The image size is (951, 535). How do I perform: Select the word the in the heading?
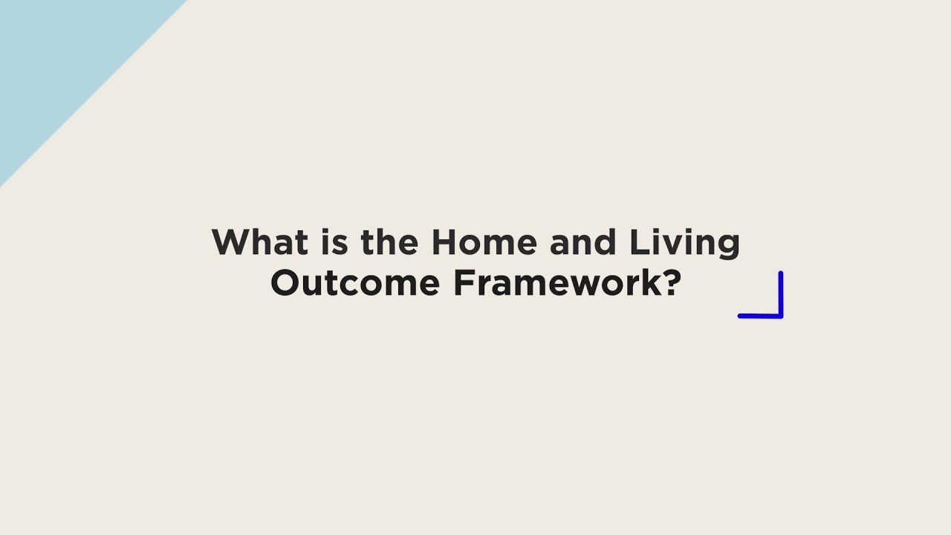point(390,242)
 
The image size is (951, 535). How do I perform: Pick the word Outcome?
point(355,283)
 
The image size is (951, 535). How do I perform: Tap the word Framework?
point(556,283)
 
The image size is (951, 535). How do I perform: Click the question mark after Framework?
point(672,283)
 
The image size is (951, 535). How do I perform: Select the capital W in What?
point(231,242)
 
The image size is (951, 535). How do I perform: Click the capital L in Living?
point(638,242)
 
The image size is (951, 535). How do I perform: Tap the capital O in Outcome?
point(285,283)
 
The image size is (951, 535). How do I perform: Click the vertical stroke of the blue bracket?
point(781,293)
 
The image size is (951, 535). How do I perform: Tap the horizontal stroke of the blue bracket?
point(759,316)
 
